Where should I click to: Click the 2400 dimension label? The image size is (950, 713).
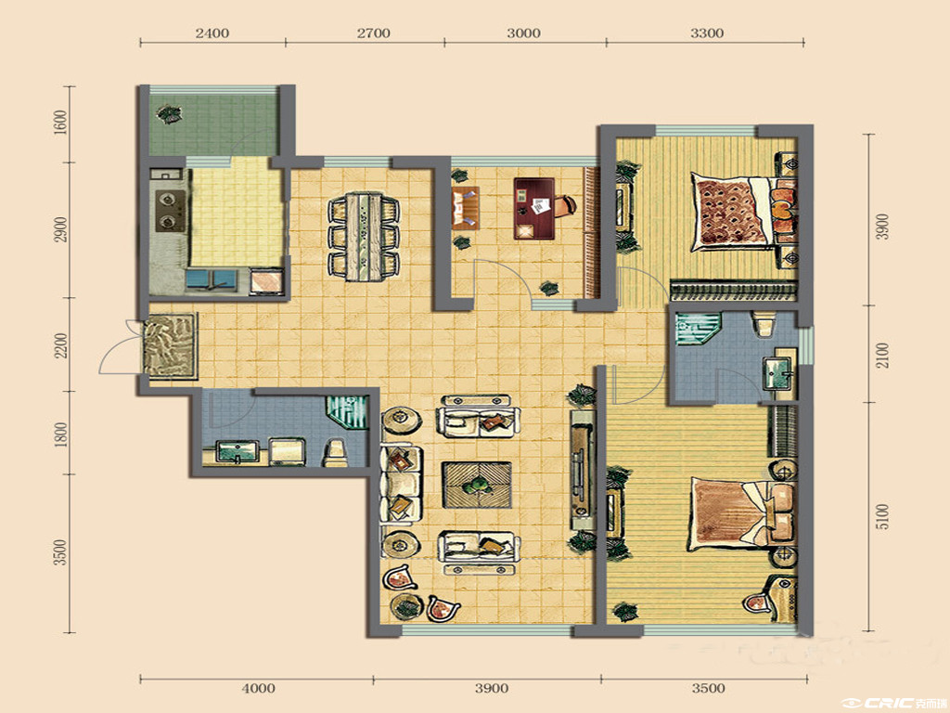pyautogui.click(x=212, y=32)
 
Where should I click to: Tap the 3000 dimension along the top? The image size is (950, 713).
pyautogui.click(x=523, y=32)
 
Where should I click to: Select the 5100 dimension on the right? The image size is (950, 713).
pyautogui.click(x=883, y=516)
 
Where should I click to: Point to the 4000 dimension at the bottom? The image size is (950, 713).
pyautogui.click(x=258, y=688)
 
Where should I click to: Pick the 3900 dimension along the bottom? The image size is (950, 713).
pyautogui.click(x=492, y=688)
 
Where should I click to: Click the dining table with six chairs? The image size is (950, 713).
pyautogui.click(x=364, y=237)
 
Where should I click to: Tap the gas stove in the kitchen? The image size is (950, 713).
pyautogui.click(x=171, y=210)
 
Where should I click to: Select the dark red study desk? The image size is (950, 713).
pyautogui.click(x=534, y=208)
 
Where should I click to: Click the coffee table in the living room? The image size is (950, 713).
pyautogui.click(x=477, y=485)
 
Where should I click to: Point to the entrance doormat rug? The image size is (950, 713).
pyautogui.click(x=171, y=346)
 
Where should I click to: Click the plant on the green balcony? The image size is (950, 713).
pyautogui.click(x=168, y=113)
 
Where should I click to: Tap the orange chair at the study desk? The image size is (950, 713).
pyautogui.click(x=565, y=205)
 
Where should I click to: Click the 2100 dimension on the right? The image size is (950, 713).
pyautogui.click(x=883, y=355)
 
